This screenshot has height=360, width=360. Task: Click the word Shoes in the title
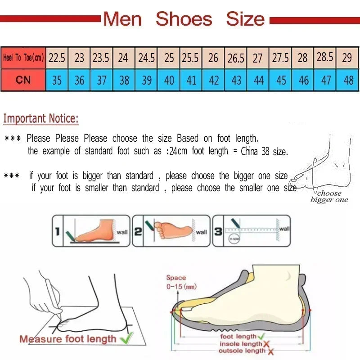point(184,19)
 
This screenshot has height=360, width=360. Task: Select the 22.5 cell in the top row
point(57,58)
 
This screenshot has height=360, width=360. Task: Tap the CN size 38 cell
point(124,80)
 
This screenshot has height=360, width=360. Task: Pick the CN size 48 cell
point(348,80)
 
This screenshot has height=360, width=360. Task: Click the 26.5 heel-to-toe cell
point(236,58)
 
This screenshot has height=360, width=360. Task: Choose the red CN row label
point(23,80)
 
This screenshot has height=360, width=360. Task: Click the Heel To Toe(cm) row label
point(23,58)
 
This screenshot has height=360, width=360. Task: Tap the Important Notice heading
point(41,119)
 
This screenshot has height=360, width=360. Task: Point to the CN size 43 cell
point(236,80)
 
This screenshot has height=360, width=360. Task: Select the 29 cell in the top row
point(347,58)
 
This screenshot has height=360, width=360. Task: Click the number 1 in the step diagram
point(58,232)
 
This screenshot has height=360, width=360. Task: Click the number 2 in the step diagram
point(138,232)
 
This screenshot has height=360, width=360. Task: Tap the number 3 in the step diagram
point(218,232)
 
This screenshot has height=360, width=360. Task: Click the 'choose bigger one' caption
point(329,197)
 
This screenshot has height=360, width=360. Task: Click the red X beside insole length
point(266,344)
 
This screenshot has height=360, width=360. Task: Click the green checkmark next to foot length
point(261,336)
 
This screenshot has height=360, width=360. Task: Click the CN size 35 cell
point(57,80)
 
